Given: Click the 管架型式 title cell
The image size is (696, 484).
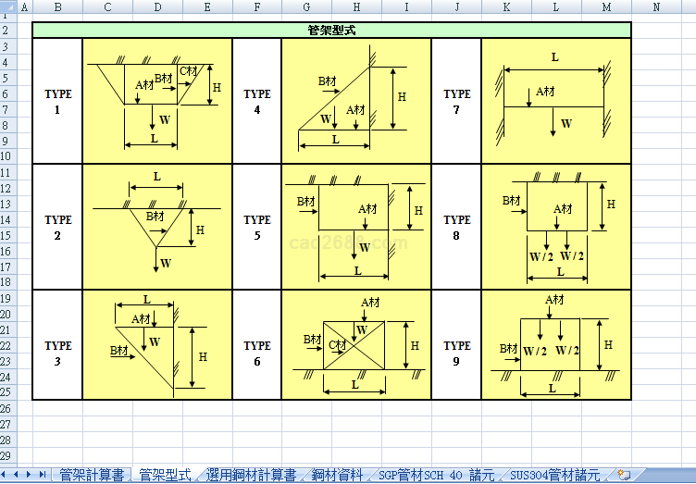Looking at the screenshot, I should pos(331,30).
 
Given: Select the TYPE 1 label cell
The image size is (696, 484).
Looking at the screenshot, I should pos(57,101).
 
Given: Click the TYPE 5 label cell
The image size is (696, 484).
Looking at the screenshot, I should pos(256,227).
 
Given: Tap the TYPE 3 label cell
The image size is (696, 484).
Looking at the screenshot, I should pos(57,353).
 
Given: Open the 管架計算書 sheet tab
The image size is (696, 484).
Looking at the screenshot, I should pos(91,475).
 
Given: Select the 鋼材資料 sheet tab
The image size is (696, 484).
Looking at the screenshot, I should pos(337,475).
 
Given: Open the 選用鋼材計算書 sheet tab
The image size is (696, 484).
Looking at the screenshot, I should pos(251,475).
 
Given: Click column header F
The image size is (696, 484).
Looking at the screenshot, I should pos(256,7).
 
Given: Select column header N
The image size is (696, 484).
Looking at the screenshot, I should pos(656,7).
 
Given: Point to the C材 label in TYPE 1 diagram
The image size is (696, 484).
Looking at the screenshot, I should pos(188,71).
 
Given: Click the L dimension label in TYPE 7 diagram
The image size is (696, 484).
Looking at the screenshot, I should pos(554,57).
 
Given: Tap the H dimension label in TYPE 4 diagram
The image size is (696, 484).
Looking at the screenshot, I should pos(402,96).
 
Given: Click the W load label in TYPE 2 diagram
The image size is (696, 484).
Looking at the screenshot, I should pos(166,263).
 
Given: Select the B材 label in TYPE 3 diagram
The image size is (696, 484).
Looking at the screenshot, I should pos(118,351).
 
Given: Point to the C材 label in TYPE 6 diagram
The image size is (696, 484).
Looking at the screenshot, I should pos(338,345).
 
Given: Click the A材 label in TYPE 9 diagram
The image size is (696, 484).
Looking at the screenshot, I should pos(554,299).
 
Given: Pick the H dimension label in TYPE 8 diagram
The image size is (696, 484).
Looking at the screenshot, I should pos(611,204).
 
